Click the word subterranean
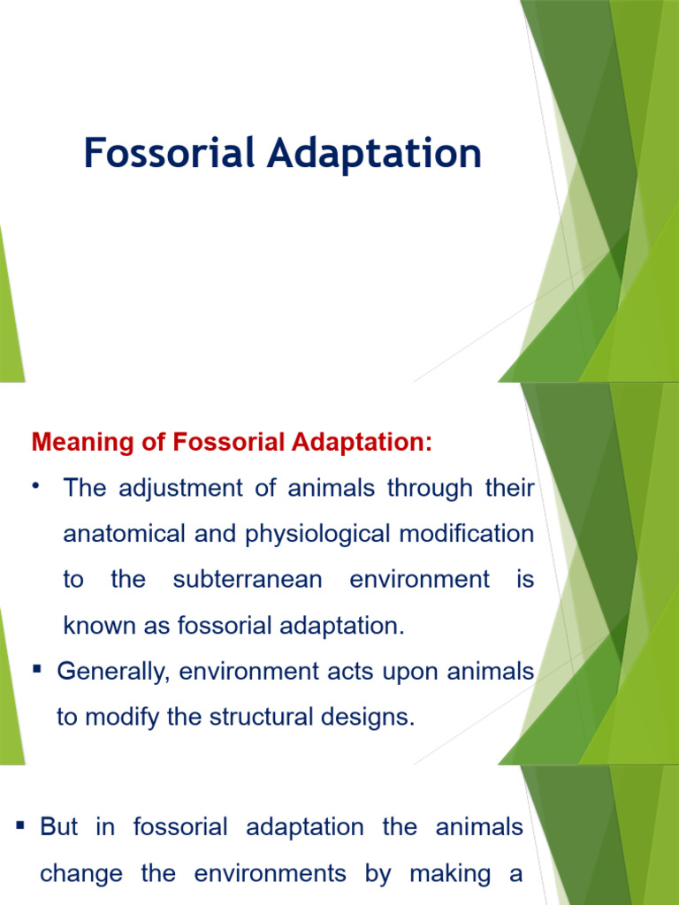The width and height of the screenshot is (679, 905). (248, 581)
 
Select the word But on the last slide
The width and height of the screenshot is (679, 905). (59, 828)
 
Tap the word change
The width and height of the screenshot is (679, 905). (81, 874)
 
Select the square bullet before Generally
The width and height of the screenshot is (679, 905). (38, 671)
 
